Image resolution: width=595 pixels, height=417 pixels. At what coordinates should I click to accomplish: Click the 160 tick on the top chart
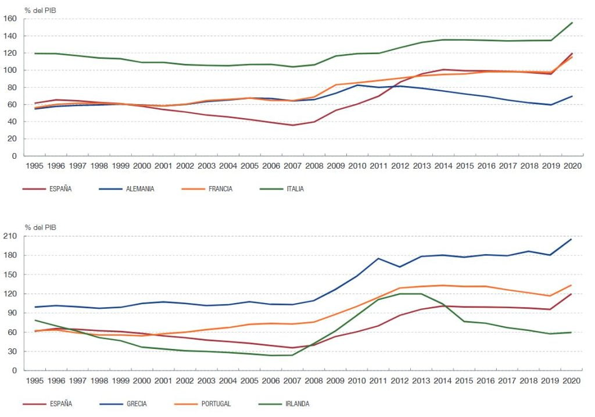10,19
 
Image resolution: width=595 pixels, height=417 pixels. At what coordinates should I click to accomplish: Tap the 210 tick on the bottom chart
10,236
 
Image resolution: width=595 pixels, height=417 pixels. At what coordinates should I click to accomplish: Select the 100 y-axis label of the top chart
10,70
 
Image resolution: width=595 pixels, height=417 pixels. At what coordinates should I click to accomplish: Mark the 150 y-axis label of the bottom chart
10,275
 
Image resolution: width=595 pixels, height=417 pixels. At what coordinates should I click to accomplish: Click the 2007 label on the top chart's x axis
293,166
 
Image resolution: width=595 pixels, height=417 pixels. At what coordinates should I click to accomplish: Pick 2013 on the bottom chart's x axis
421,381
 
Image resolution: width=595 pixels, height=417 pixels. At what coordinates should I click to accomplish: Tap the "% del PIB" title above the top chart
40,10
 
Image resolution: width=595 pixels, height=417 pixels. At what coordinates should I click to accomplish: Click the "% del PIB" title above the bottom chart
40,227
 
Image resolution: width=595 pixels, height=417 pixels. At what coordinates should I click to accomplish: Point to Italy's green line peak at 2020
572,23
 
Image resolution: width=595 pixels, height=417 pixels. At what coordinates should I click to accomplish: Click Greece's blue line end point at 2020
571,239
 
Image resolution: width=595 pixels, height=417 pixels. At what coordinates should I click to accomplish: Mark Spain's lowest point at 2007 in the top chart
293,125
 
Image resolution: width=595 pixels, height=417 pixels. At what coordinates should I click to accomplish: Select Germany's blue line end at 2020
572,96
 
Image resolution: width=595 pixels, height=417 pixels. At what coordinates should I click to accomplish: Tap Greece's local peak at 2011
378,259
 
